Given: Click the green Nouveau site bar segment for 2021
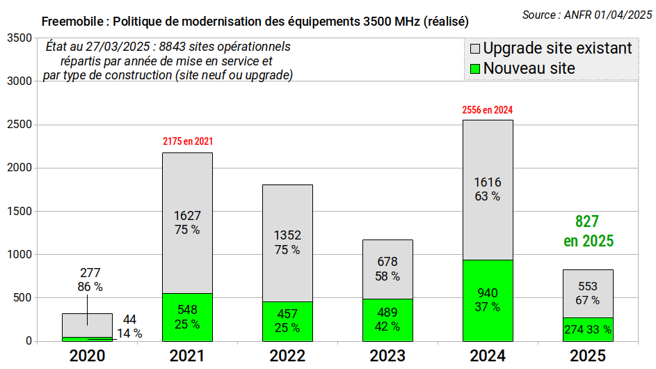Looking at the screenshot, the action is (x=187, y=317).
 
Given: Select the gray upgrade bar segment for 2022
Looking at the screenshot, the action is (x=287, y=244).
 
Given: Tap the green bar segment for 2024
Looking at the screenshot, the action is (x=488, y=301).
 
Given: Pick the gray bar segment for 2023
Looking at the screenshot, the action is (x=388, y=269).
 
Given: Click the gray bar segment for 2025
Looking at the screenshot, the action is (x=588, y=294).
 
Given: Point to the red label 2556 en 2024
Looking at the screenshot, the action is (x=488, y=110).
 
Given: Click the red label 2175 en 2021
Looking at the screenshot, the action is (x=188, y=141).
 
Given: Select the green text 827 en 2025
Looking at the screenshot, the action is (x=589, y=231).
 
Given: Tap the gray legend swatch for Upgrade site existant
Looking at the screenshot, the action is (x=475, y=49).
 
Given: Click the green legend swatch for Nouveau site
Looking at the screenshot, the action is (x=475, y=69).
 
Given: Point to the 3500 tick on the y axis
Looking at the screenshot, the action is (x=19, y=38).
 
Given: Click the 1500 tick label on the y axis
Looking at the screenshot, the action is (x=19, y=211).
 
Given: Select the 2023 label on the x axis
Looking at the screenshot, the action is (x=387, y=356).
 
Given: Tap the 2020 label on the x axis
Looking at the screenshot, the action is (x=87, y=356).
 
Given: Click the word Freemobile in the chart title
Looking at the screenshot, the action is (x=72, y=22).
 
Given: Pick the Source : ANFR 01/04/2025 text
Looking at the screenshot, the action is (x=587, y=15).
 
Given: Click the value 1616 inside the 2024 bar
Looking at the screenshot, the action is (x=488, y=182).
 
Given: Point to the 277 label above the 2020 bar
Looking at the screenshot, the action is (x=90, y=273).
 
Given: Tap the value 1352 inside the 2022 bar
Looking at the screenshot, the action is (x=287, y=235).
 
